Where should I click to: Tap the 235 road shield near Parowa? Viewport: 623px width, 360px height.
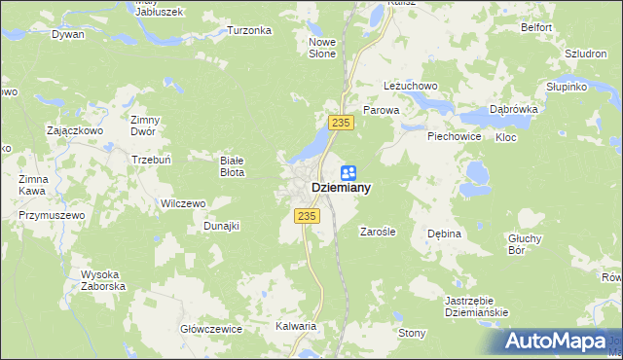point(340,122)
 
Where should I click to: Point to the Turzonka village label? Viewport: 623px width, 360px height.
point(249,30)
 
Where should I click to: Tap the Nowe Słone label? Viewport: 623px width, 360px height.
point(322,48)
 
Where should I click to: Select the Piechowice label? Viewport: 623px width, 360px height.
point(455,137)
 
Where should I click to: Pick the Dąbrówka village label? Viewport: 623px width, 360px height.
point(515,110)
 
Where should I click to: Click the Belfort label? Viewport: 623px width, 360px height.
point(536,29)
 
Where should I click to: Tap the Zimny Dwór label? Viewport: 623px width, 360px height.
point(145,126)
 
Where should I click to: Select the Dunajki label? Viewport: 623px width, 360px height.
point(221,226)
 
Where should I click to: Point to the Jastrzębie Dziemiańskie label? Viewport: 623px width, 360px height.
point(476,306)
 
